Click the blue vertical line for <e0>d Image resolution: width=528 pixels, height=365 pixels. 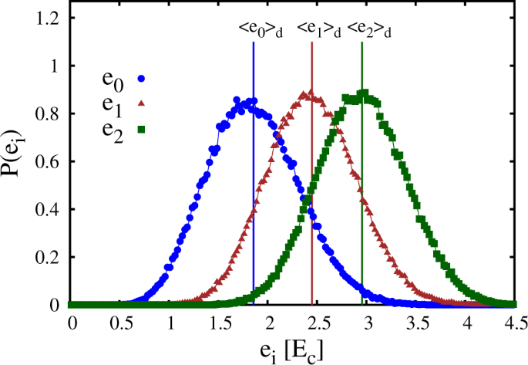(254, 193)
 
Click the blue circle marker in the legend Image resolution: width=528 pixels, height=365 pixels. (142, 78)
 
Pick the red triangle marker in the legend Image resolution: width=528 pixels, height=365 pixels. (142, 103)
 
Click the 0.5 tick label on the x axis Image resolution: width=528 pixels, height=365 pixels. (120, 319)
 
